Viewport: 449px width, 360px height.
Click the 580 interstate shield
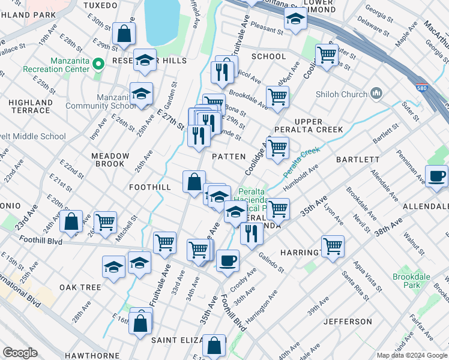coord(422,88)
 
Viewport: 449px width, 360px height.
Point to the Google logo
coord(20,353)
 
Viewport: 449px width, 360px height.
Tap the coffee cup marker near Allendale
coord(436,176)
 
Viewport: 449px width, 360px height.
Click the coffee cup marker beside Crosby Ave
coord(227,260)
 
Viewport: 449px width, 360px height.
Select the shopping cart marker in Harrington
coord(332,246)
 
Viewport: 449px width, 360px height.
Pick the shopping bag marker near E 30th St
coord(123,35)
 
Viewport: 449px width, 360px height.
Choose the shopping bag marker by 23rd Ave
coord(71,221)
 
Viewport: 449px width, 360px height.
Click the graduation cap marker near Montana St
coord(295,20)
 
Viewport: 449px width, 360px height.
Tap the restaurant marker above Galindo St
coord(251,233)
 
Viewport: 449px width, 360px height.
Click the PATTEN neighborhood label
coord(229,156)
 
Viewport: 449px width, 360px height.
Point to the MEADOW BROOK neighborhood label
coord(110,160)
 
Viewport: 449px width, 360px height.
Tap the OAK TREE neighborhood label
coord(80,287)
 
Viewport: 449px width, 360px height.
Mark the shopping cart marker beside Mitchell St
coord(105,221)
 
